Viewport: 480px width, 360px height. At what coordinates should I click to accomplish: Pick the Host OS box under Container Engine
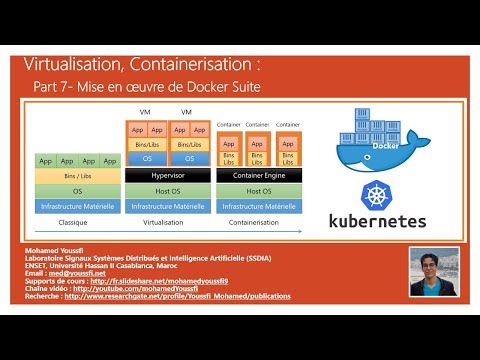click(x=258, y=190)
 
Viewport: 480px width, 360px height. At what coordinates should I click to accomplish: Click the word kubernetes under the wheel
click(x=370, y=221)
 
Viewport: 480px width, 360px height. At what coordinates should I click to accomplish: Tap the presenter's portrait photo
click(x=434, y=271)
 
